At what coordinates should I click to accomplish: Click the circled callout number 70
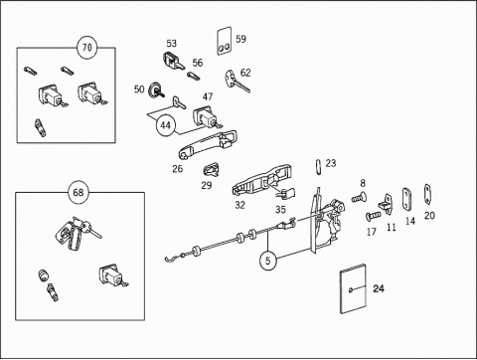(x=86, y=48)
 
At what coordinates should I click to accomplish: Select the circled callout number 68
(x=79, y=193)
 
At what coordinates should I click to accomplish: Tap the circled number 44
(x=166, y=125)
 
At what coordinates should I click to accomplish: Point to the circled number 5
(x=267, y=261)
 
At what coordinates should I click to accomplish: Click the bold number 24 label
(x=379, y=288)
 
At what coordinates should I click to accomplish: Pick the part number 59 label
(x=240, y=39)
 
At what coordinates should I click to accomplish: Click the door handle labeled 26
(x=208, y=144)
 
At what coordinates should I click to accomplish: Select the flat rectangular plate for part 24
(x=353, y=288)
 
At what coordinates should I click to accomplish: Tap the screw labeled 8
(x=359, y=198)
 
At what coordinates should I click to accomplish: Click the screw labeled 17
(x=374, y=216)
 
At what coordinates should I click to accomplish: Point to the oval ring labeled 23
(x=318, y=167)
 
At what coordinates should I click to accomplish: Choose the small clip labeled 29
(x=211, y=170)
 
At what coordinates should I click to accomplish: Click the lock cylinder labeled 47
(x=207, y=117)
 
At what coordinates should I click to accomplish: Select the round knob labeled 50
(x=155, y=90)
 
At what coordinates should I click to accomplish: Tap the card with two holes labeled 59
(x=225, y=41)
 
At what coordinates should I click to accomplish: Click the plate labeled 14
(x=407, y=199)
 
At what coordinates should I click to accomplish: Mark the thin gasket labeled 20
(x=427, y=195)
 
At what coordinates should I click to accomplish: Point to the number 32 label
(x=239, y=206)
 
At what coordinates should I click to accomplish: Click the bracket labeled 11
(x=386, y=203)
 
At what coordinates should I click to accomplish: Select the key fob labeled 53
(x=174, y=62)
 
